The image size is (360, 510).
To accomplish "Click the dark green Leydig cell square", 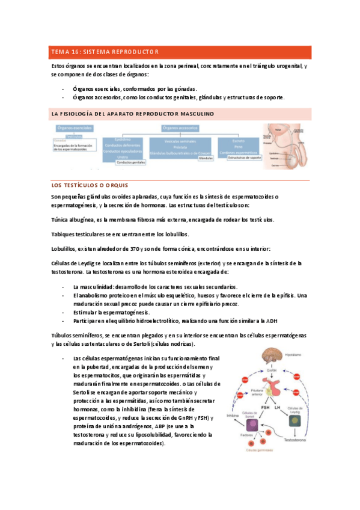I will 294,421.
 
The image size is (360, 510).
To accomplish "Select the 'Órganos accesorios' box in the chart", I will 180,127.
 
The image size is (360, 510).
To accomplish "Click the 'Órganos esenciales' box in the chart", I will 74,128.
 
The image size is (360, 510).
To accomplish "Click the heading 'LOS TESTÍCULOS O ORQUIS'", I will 90,185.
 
